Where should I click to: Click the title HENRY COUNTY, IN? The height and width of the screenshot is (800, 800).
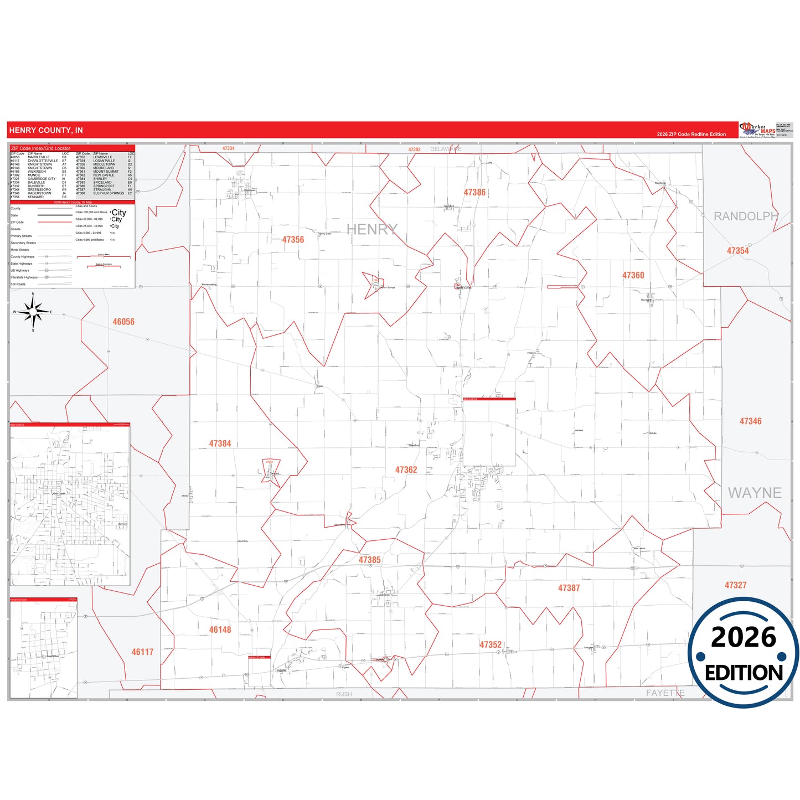46,130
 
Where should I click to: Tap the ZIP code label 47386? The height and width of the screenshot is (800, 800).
474,193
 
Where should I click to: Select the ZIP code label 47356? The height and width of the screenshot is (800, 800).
293,240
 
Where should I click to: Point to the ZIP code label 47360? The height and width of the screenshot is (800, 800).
633,275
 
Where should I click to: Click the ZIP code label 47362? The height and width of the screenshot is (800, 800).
406,470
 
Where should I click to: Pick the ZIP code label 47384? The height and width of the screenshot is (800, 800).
220,443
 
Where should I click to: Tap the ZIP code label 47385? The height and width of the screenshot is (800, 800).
369,560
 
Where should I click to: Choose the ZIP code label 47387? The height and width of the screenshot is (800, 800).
569,588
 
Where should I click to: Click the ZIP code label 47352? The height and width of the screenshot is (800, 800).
490,645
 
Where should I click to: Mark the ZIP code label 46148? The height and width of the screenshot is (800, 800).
220,629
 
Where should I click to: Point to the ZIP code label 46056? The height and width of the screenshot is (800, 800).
123,322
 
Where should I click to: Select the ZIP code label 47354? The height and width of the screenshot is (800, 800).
737,251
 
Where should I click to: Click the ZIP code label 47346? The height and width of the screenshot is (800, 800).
750,421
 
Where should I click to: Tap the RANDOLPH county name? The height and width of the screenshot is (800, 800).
745,216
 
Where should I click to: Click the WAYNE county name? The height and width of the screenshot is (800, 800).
754,493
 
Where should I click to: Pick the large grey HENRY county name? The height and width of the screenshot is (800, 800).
372,229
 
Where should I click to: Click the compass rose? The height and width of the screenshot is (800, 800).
33,312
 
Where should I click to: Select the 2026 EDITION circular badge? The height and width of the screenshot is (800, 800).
744,653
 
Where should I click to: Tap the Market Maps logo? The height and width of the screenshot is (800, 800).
758,130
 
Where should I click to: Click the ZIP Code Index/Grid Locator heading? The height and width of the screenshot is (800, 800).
41,148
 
